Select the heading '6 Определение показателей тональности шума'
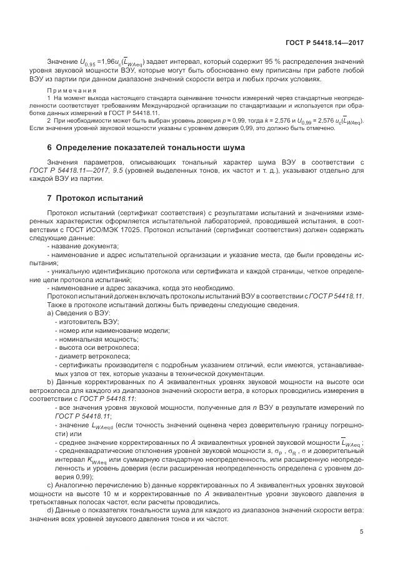(x=146, y=147)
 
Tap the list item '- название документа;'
(x=82, y=247)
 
